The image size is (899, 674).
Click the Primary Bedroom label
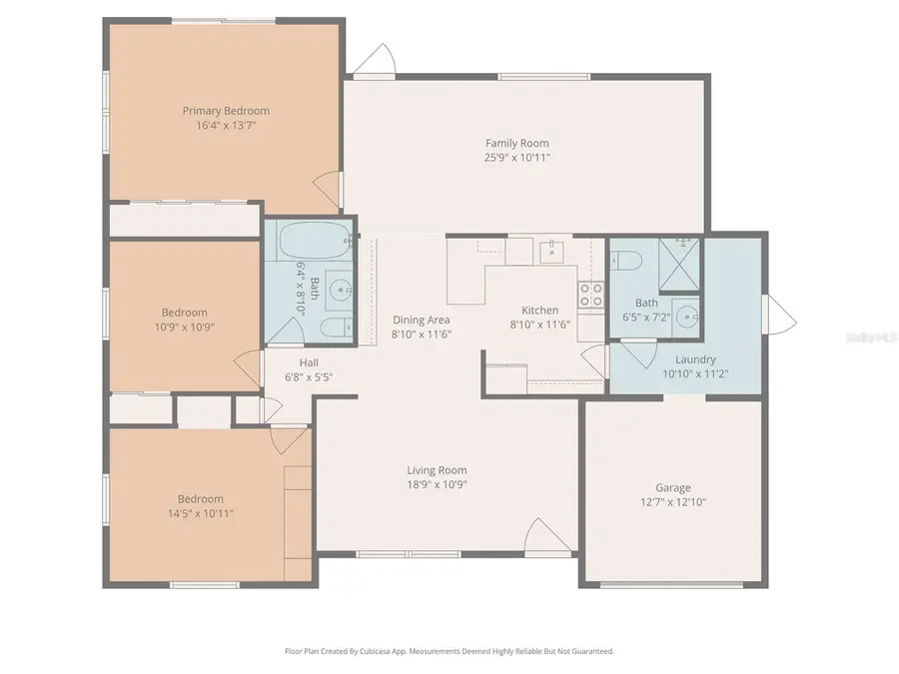225,111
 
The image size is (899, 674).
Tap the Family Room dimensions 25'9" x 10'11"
517,158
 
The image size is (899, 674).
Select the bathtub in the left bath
314,241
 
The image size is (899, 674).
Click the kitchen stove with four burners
591,294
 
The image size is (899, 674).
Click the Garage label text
672,488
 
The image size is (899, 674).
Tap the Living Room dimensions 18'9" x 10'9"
437,484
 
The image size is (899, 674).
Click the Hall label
309,362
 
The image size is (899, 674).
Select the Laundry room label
695,359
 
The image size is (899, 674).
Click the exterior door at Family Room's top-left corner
376,60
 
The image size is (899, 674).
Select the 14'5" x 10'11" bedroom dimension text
201,513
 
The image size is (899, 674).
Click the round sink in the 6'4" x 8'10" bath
340,291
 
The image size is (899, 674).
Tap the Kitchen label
540,311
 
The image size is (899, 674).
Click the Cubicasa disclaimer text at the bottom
449,651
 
